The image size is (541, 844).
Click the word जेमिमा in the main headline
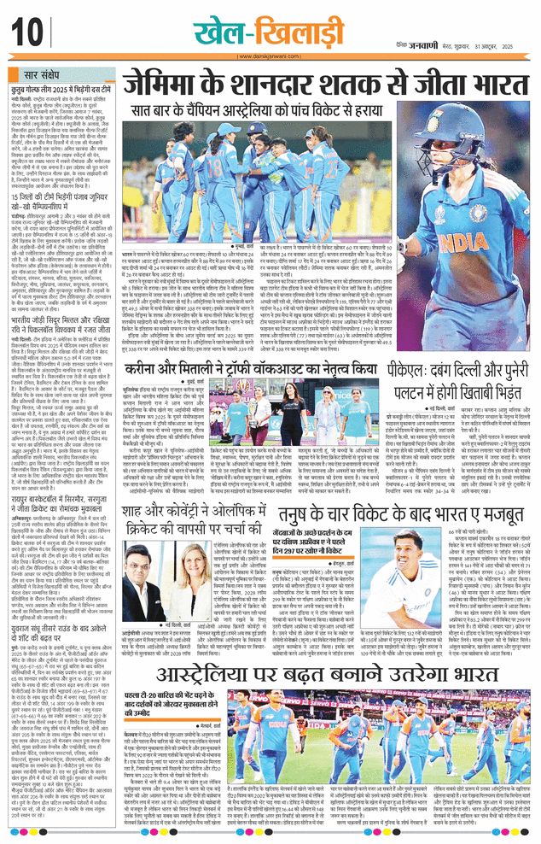tap(161, 86)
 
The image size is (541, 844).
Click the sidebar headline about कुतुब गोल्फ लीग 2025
tap(61, 88)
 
